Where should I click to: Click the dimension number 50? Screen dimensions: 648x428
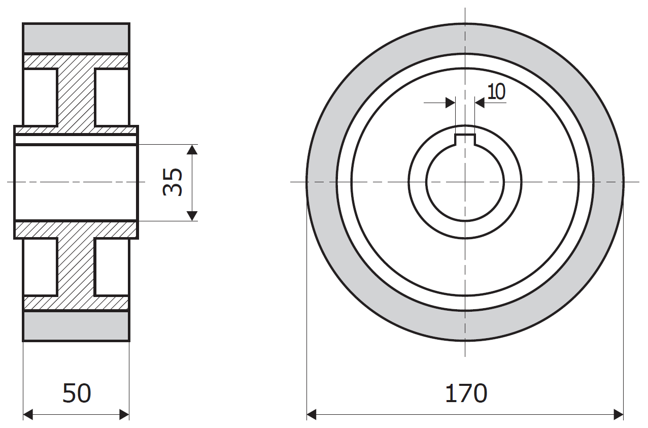pos(77,393)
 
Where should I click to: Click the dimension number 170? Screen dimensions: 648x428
pos(466,393)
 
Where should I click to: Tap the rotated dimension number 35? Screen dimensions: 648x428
pos(173,182)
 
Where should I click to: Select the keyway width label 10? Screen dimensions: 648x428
pos(496,92)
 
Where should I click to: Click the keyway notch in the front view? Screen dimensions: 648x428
pos(465,140)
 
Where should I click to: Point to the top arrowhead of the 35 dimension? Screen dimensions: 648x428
pos(192,149)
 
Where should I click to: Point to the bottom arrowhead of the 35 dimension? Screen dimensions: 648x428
pos(192,216)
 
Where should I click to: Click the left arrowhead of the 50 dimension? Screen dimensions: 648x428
pos(28,414)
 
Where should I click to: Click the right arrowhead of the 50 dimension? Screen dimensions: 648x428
pos(124,414)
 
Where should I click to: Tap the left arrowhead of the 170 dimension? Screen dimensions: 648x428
pos(312,414)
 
